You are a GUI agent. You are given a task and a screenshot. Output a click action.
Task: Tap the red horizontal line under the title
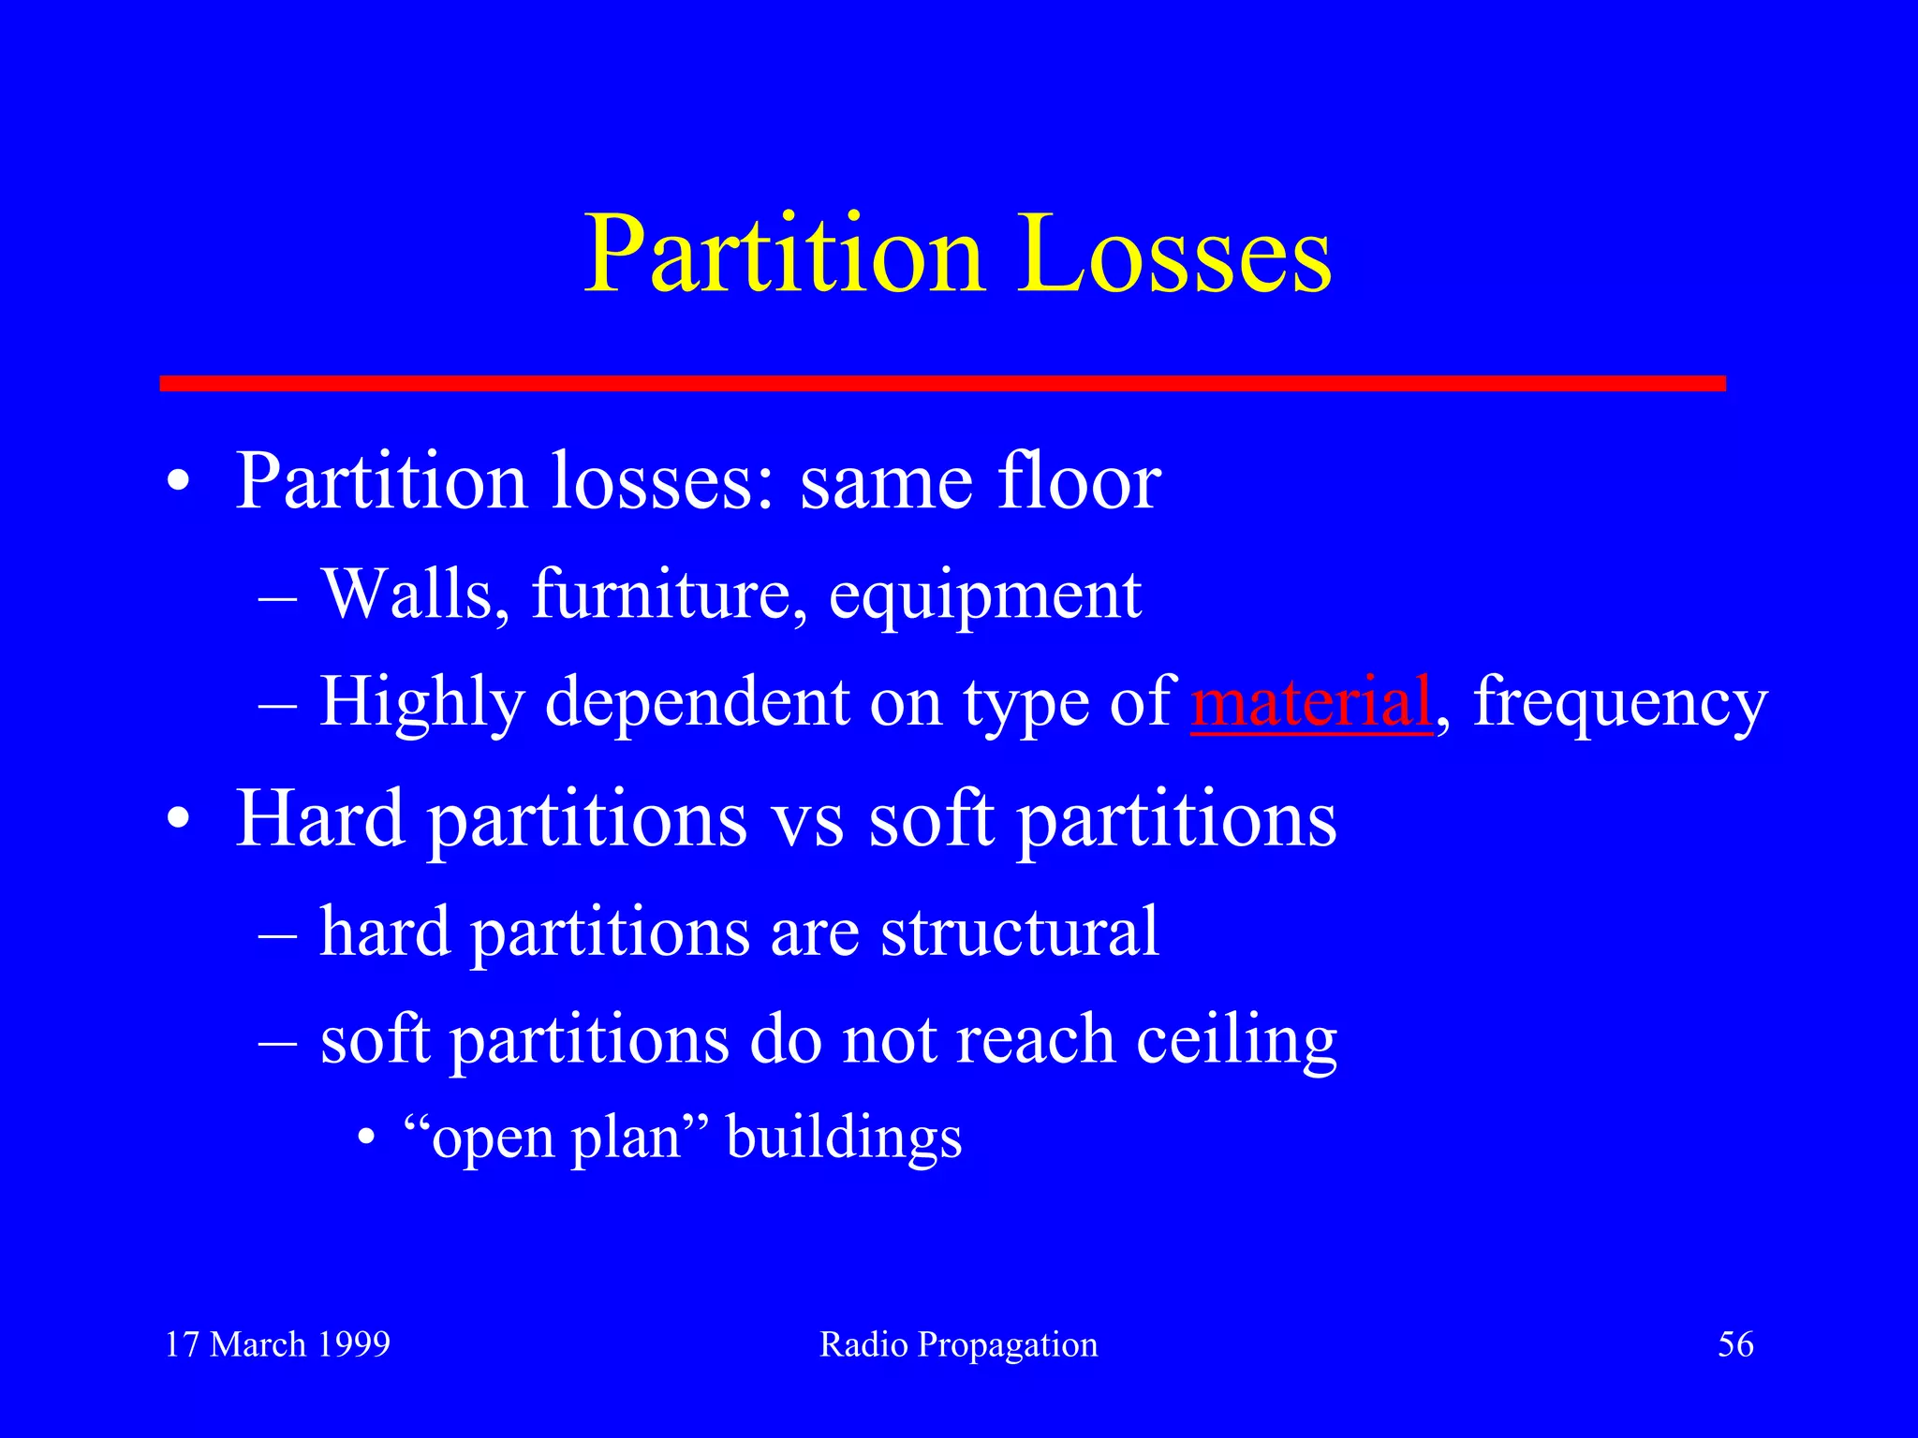pos(942,383)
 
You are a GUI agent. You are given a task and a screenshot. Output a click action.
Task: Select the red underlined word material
pos(1311,701)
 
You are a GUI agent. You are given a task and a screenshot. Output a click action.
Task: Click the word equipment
pos(984,596)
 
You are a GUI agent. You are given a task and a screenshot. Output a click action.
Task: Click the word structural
pos(1019,932)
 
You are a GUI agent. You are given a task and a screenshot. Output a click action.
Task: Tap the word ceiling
pos(1236,1041)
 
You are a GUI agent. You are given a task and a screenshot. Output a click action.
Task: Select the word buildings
pos(844,1139)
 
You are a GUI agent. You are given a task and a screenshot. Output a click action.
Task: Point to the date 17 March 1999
pos(277,1344)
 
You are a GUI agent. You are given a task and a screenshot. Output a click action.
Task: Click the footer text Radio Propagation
pos(958,1344)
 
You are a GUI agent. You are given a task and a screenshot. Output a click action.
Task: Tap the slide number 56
pos(1734,1344)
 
